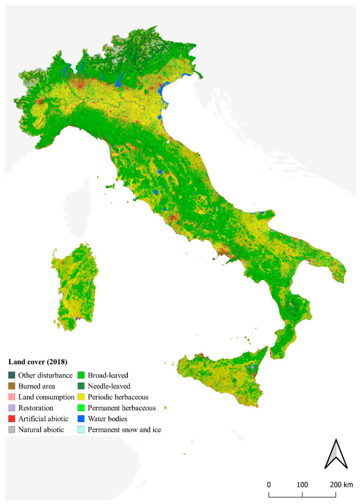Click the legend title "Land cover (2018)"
38,362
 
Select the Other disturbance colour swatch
12,375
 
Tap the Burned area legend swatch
12,386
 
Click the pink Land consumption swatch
12,397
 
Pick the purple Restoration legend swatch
12,408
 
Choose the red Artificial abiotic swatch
12,419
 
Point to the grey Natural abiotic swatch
12,430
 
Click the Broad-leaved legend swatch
81,375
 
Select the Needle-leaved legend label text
109,386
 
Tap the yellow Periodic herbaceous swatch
81,397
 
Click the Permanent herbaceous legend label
121,408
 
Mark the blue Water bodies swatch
81,419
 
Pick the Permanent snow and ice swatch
81,430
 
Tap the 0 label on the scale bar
269,485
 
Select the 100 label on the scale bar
302,485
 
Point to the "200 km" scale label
341,485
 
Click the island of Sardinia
72,285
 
